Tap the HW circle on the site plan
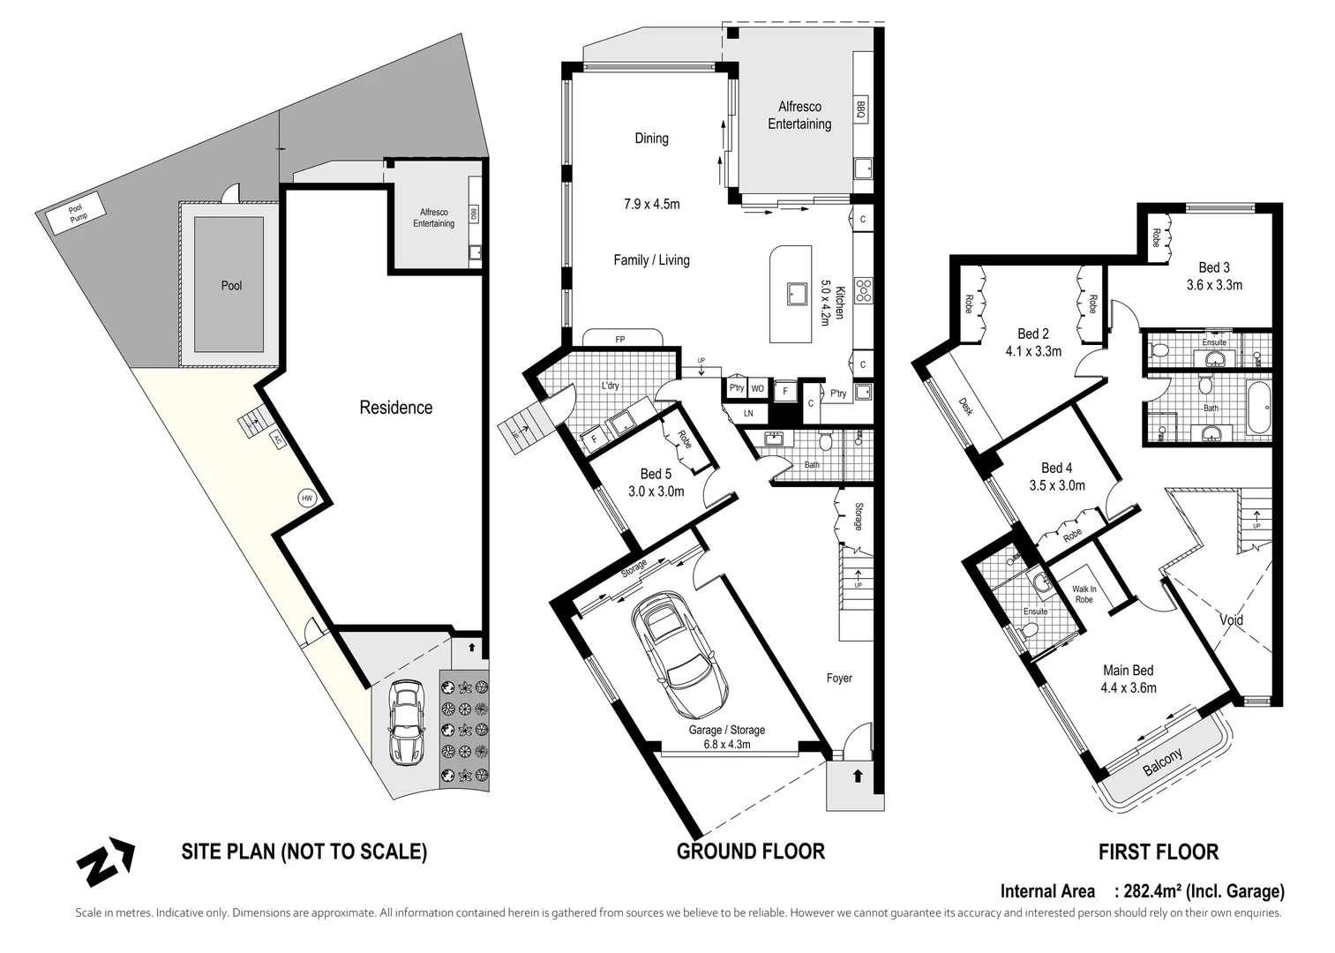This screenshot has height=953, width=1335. (x=307, y=499)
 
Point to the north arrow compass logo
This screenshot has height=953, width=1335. (x=106, y=861)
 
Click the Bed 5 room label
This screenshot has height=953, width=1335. (x=656, y=474)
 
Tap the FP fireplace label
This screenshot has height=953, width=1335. (x=619, y=340)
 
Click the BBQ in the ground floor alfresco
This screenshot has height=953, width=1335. (x=860, y=109)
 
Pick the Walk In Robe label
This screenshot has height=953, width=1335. (x=1084, y=594)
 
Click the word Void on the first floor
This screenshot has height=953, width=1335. (x=1231, y=619)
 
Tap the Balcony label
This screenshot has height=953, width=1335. (x=1163, y=762)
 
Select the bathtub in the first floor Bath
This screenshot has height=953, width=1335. (x=1259, y=409)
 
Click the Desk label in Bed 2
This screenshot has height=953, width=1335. (x=965, y=407)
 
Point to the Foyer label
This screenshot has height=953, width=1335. (x=839, y=678)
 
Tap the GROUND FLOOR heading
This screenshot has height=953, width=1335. (x=750, y=852)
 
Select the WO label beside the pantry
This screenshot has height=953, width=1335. (x=757, y=388)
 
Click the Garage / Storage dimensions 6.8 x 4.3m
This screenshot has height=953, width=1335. (x=727, y=744)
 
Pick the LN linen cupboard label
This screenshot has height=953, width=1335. (x=748, y=413)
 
